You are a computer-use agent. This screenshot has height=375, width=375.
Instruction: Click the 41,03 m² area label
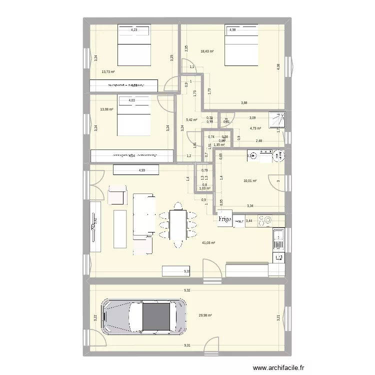(208, 243)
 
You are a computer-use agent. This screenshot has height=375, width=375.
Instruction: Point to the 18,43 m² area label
(207, 51)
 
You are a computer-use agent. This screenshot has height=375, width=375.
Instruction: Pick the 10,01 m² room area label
(249, 181)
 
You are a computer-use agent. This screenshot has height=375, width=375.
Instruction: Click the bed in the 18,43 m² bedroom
(241, 45)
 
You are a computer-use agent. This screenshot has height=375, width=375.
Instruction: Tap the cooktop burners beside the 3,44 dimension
(265, 220)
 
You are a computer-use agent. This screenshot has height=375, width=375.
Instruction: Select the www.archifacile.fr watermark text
(279, 367)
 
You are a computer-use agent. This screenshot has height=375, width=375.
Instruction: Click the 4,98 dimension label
(233, 30)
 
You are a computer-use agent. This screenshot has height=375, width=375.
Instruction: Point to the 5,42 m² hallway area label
(191, 119)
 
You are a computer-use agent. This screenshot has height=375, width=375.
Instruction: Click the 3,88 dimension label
(244, 103)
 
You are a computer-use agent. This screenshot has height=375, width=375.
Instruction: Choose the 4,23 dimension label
(133, 30)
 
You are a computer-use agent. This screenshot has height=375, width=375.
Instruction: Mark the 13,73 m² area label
(108, 72)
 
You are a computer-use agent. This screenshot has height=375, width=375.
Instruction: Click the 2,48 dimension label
(258, 141)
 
